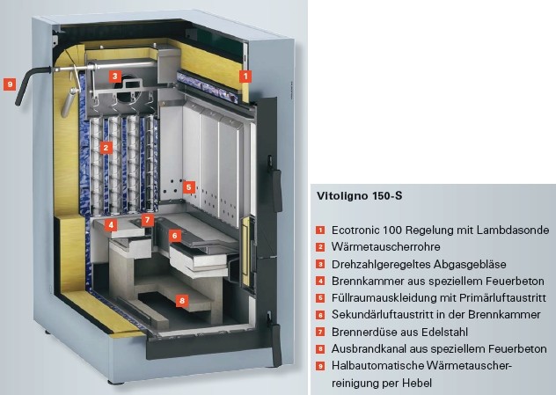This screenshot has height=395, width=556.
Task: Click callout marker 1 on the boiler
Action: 245,77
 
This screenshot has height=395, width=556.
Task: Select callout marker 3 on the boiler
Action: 115,76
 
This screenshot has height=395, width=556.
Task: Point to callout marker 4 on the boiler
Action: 112,224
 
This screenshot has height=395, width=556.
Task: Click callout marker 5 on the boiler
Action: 188,187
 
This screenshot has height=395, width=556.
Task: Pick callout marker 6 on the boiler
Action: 175,236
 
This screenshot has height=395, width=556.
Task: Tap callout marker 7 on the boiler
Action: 148,219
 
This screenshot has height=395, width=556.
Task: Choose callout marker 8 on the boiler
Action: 181,301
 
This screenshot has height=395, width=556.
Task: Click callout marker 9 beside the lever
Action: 10,84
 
